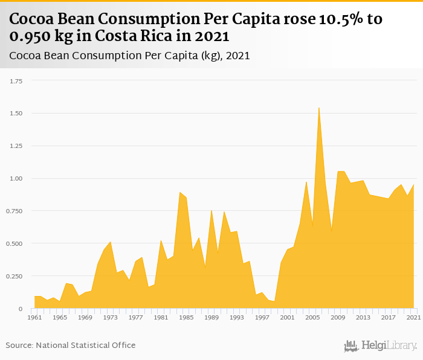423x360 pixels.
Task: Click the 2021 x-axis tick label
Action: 414,317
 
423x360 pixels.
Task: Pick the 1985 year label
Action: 186,317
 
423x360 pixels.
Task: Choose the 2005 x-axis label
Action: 312,317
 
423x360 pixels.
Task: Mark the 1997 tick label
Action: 262,317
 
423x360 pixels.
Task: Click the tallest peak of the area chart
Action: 318,108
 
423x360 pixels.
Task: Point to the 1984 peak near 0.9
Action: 179,193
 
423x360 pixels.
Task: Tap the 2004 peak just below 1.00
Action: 306,182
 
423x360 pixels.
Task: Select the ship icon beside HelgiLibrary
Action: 351,346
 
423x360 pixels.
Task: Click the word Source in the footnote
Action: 19,346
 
